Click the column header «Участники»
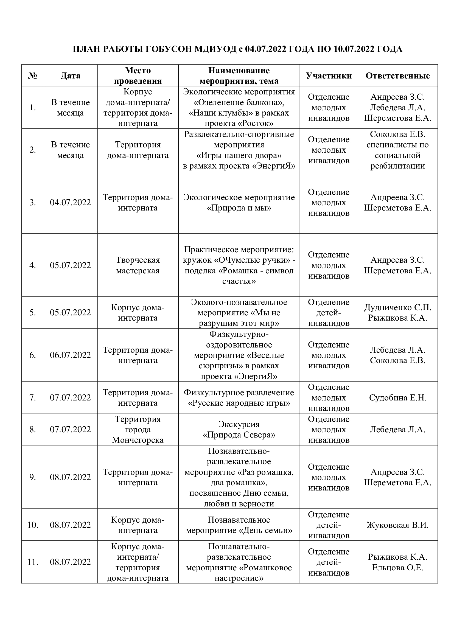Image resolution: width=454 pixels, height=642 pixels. tap(329, 76)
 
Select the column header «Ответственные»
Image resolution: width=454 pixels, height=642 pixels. tap(397, 76)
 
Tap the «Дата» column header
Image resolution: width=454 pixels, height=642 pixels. tap(71, 76)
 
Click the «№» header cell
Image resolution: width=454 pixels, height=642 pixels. tap(33, 76)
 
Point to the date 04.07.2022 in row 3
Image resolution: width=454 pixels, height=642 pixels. tap(71, 203)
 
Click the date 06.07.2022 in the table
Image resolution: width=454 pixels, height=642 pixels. tap(71, 355)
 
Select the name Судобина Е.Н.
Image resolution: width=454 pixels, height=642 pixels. tap(397, 398)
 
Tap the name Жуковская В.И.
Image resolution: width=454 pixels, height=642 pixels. tap(397, 525)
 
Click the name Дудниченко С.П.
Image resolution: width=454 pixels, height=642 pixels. tap(397, 308)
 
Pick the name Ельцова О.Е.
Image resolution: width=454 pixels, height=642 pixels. tap(397, 568)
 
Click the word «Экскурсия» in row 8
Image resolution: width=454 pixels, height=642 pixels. tap(239, 424)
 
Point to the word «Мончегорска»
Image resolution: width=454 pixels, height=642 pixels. tap(138, 440)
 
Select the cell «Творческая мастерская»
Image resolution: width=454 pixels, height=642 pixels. tap(138, 265)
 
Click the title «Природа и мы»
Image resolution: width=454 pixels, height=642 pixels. tap(239, 208)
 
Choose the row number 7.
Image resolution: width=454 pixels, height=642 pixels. tap(33, 398)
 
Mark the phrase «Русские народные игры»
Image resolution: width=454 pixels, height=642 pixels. tap(239, 403)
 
